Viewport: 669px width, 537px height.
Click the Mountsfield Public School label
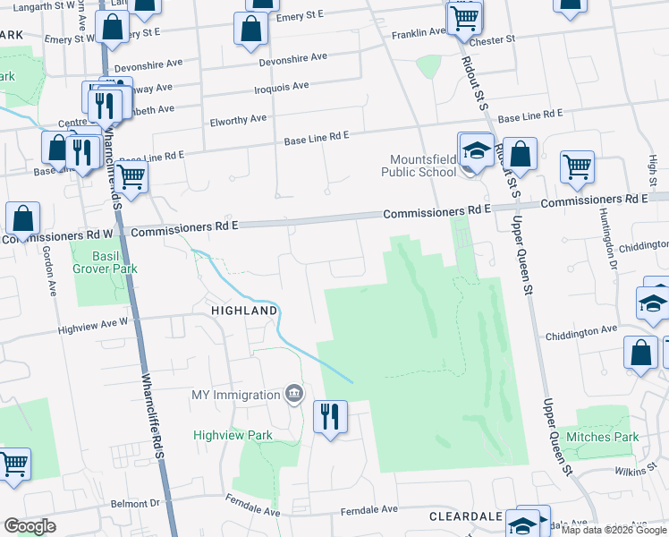[419, 165]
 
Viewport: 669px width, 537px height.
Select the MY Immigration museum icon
[293, 395]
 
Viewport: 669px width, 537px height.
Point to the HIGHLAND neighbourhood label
[243, 311]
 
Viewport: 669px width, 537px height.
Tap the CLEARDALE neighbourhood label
[464, 517]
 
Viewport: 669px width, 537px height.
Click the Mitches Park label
[608, 437]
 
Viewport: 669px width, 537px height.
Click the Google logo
[30, 526]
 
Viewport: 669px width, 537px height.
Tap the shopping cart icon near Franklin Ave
[465, 17]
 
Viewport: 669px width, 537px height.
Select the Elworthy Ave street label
[238, 119]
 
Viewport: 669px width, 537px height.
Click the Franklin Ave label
[419, 33]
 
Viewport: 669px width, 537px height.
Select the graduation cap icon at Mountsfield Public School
[477, 151]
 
